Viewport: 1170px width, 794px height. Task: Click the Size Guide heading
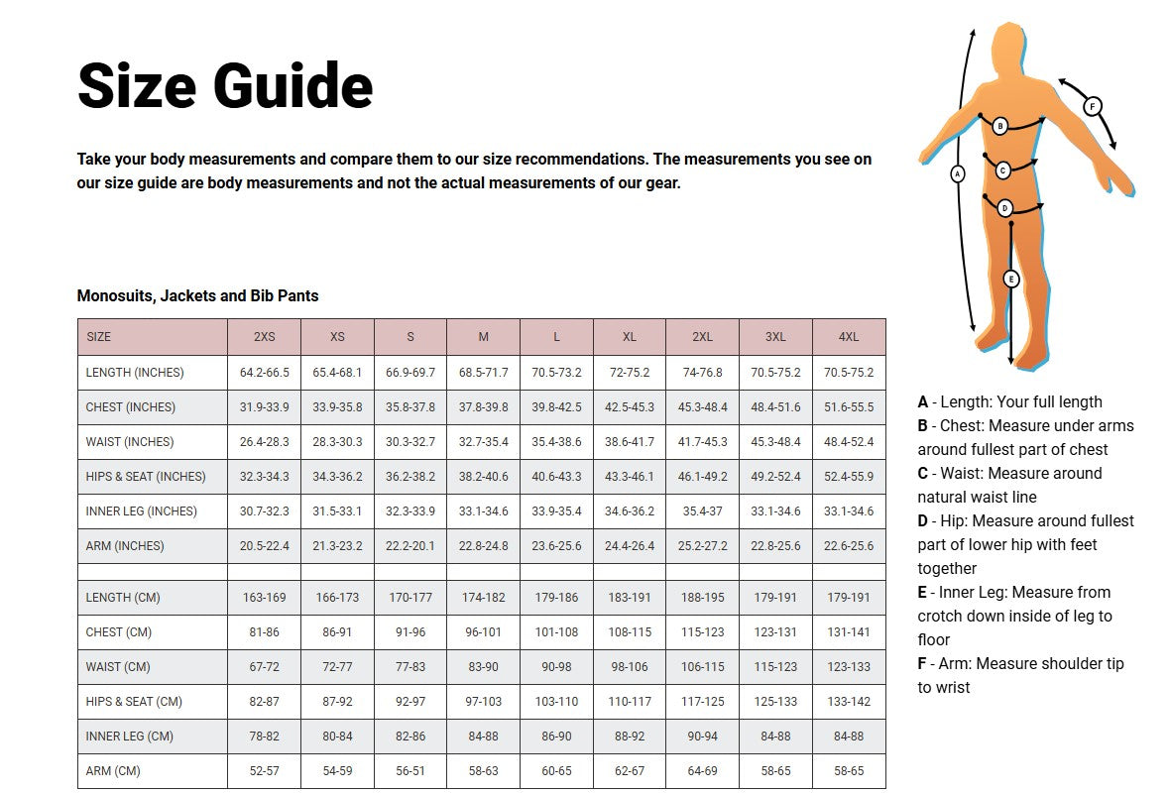point(225,85)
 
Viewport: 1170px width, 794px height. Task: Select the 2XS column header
point(265,337)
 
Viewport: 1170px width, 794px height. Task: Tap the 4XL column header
point(849,337)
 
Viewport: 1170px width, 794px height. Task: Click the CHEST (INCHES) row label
point(130,407)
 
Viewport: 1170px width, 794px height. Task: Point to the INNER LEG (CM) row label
point(129,737)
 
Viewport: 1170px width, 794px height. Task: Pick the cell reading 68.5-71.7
point(484,373)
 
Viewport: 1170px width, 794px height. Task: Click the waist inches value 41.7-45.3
point(703,442)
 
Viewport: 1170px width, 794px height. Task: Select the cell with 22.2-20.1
point(410,546)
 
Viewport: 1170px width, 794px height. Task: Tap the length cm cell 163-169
point(265,598)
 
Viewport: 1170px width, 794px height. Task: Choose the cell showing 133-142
point(849,702)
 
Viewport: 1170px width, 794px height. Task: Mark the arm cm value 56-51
point(410,771)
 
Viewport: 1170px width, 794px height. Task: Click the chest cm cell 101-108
point(557,632)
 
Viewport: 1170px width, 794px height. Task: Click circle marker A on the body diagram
point(957,173)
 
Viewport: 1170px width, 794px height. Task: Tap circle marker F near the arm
point(1092,105)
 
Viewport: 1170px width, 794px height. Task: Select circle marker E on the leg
point(1010,280)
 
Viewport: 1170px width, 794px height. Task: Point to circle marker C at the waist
point(1002,170)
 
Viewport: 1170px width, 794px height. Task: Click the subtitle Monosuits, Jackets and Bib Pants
point(197,296)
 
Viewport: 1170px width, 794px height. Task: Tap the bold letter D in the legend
point(923,521)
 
